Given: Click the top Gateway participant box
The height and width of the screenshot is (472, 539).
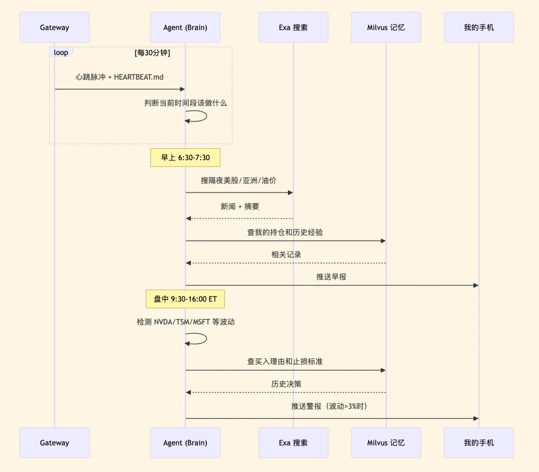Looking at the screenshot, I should tap(54, 27).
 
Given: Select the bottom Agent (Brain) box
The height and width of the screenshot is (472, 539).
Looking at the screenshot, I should tap(185, 443).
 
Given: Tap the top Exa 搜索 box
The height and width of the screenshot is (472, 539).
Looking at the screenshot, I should tap(293, 27).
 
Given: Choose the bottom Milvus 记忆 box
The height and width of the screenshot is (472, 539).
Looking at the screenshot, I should tap(386, 443).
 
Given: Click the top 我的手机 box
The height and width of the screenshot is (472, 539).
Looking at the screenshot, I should tap(479, 27).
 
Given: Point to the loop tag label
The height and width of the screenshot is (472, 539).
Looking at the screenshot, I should tap(61, 52).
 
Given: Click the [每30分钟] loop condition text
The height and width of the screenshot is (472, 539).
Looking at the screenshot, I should tap(152, 52).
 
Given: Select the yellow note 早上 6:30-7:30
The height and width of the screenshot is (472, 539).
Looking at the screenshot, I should tap(185, 158).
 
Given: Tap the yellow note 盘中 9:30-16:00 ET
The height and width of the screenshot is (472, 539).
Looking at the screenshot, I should tap(185, 299).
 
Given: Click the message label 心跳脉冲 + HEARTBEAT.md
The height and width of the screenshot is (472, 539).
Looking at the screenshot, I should tap(120, 77).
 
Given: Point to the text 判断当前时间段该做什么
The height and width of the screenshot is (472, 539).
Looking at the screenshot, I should tap(185, 103).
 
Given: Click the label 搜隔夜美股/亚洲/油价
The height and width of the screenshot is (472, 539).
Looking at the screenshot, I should tap(239, 181).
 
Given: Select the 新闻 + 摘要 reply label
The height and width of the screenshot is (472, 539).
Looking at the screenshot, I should tap(240, 206).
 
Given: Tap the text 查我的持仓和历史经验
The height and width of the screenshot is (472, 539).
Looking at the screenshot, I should tap(285, 232).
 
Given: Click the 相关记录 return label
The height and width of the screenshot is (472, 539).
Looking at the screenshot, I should tap(286, 254).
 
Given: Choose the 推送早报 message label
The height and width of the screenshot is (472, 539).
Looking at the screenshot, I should tap(331, 276).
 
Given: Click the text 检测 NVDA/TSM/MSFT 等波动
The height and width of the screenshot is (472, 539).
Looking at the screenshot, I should tap(186, 322).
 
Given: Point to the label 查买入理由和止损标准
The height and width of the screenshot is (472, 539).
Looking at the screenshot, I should tap(285, 361).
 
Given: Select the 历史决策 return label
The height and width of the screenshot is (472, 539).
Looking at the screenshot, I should tap(286, 384).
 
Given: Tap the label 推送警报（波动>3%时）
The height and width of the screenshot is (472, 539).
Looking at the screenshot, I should tap(329, 406).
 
